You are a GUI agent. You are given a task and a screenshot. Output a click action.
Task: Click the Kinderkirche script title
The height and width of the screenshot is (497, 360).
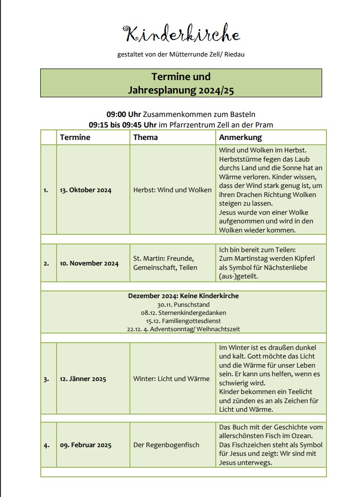pos(181,35)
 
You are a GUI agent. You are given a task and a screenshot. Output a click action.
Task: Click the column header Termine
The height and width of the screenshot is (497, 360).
pos(75,138)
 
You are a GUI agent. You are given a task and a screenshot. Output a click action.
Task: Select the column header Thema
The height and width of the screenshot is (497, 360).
pos(145,138)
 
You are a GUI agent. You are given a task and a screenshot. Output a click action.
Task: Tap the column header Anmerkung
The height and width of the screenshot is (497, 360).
pos(240,138)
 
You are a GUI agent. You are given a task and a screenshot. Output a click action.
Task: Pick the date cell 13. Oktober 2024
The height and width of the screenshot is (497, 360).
pos(85,190)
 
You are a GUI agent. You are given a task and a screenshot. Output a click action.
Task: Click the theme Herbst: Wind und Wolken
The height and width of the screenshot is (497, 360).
pos(172,190)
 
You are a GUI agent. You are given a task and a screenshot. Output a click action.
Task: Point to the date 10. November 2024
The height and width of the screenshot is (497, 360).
pos(89,263)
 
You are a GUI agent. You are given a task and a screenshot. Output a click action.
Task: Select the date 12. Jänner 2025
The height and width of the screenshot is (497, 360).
pos(83,379)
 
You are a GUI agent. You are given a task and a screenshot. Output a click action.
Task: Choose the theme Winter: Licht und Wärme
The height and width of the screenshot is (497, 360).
pos(171,379)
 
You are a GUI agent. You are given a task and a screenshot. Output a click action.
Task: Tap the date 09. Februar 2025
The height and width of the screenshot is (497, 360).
pos(85,445)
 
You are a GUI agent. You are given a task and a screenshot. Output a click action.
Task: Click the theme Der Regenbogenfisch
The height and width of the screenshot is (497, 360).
pos(166,445)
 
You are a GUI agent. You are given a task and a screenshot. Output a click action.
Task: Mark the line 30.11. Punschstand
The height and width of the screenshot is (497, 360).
pos(183,304)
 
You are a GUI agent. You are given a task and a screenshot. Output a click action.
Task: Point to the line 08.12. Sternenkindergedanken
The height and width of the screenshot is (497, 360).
pos(183,312)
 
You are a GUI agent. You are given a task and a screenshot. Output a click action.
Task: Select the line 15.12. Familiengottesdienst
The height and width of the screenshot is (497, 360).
pos(183,321)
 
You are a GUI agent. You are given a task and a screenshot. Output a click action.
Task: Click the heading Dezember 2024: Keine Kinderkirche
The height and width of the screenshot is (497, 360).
pos(183,296)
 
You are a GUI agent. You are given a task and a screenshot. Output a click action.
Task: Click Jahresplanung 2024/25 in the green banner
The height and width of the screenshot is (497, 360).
pos(181,90)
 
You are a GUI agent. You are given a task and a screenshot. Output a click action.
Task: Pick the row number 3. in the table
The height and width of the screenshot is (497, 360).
pos(46,379)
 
